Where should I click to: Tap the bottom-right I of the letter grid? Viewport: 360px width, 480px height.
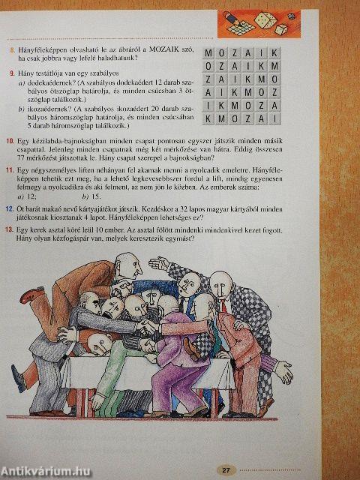pos(274,118)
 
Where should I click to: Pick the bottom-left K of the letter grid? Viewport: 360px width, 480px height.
pos(209,118)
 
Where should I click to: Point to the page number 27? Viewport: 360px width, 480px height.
pos(226,469)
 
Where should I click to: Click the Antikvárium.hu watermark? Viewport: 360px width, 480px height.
pos(46,469)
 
